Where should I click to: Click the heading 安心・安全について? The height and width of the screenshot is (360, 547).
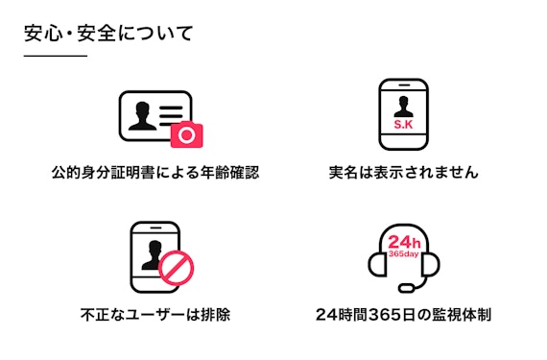click(108, 35)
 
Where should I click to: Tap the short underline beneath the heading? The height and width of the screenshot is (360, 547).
click(55, 57)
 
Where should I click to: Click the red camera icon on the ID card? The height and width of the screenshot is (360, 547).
click(186, 135)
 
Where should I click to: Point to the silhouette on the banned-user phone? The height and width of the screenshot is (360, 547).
click(151, 252)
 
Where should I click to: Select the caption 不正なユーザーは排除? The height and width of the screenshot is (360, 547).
click(155, 314)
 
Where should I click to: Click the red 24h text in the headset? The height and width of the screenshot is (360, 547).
click(404, 242)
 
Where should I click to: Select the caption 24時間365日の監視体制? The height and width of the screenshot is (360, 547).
click(403, 314)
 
